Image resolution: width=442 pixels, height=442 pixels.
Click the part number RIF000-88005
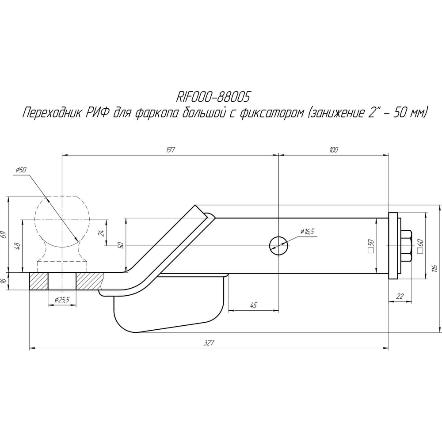tap(213, 97)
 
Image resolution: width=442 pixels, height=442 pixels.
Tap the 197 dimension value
tap(170, 149)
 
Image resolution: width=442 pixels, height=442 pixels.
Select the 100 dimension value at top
tap(333, 149)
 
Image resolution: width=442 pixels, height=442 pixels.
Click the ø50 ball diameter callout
tap(21, 170)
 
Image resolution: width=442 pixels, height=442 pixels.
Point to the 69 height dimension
tap(4, 235)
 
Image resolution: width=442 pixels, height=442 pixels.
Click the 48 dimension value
tap(18, 246)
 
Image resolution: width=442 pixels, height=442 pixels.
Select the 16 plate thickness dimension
tap(4, 281)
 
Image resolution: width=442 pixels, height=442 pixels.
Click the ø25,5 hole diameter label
tap(62, 300)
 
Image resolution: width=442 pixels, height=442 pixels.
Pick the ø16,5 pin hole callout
tap(307, 232)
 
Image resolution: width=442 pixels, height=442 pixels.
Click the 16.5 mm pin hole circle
tap(278, 246)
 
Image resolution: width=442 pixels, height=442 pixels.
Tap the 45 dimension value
tap(253, 305)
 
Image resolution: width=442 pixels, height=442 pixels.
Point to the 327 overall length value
tap(209, 343)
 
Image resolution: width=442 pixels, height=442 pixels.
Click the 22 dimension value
tap(400, 296)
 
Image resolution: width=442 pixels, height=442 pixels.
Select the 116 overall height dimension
tap(434, 268)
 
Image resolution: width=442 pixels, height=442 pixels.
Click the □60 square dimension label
tap(420, 246)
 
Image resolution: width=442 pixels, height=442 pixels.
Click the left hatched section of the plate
tap(38, 281)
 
